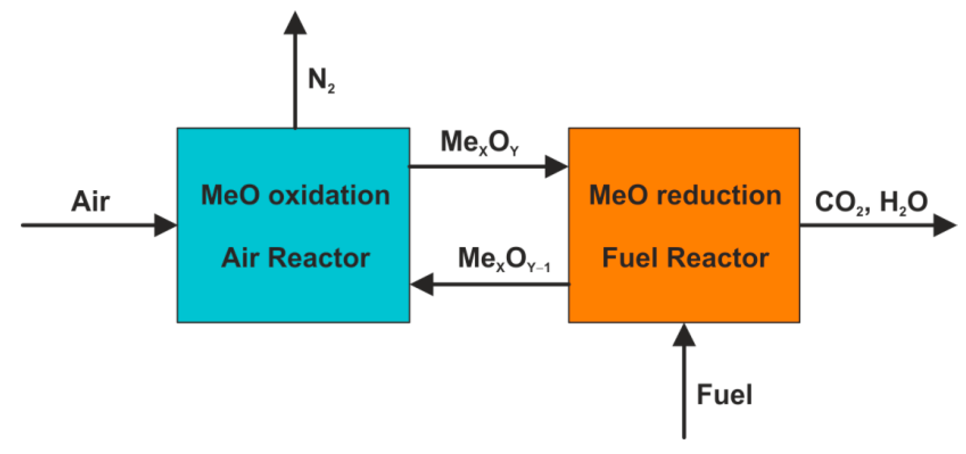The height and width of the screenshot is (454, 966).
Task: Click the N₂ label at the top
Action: tap(321, 80)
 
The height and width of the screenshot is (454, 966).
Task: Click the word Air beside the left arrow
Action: tap(90, 202)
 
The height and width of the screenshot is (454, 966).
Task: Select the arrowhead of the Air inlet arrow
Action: tap(165, 225)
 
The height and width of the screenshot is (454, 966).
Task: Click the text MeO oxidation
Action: tap(295, 195)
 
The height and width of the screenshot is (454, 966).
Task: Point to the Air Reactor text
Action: tap(295, 258)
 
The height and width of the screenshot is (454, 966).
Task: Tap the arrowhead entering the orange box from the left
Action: tap(556, 166)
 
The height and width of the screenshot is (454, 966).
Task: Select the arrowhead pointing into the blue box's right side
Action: tap(422, 284)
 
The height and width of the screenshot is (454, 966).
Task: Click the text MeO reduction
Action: tap(685, 195)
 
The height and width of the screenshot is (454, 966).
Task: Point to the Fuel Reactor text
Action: tap(685, 258)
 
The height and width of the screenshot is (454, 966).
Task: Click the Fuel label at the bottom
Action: tap(724, 394)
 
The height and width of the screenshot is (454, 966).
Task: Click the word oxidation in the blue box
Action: tap(329, 195)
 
